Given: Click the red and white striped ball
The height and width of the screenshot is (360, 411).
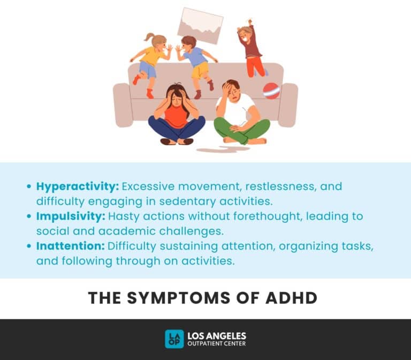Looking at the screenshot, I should pyautogui.click(x=271, y=91).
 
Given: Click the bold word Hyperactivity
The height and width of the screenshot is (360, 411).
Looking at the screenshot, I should pyautogui.click(x=77, y=187).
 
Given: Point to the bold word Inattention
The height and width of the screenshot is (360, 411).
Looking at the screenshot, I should pyautogui.click(x=70, y=246).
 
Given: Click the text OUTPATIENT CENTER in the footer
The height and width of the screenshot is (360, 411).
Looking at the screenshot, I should pyautogui.click(x=216, y=344).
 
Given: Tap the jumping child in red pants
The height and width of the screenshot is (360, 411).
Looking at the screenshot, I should pyautogui.click(x=252, y=51).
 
